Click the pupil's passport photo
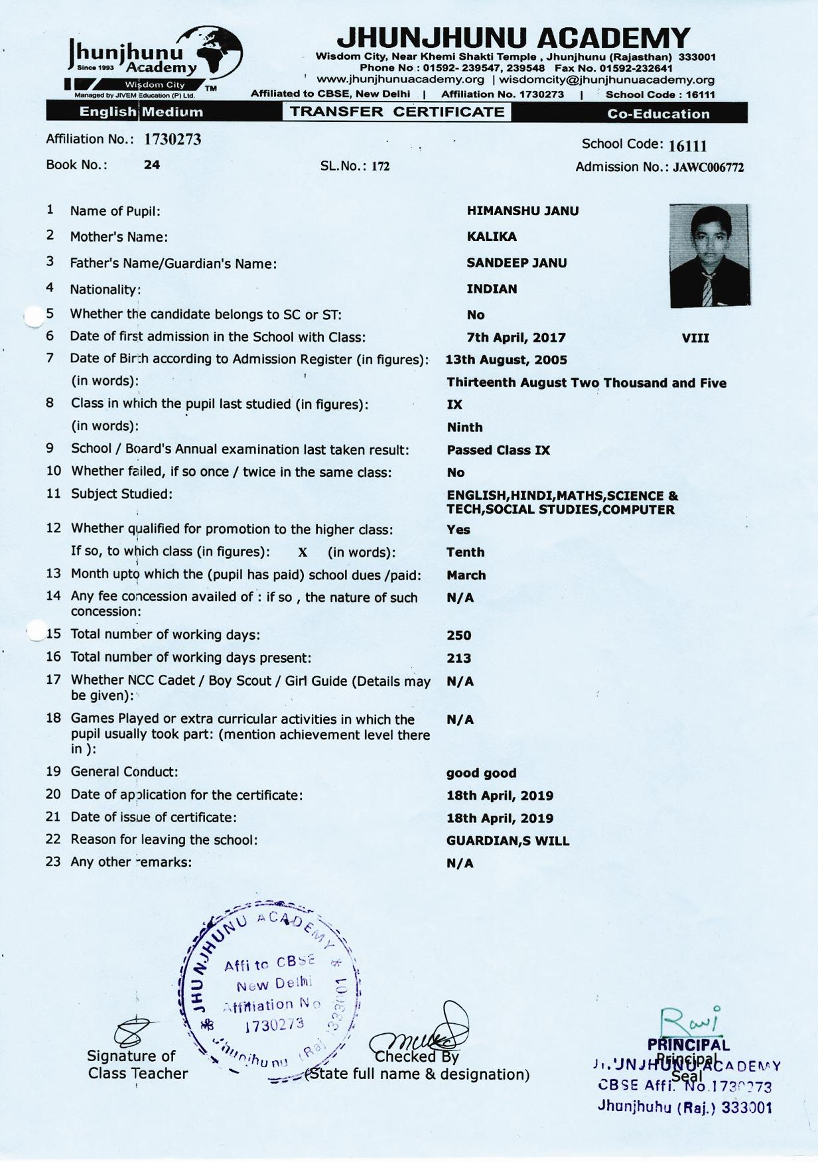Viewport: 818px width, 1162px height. point(709,255)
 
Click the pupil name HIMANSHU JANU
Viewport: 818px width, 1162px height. point(522,211)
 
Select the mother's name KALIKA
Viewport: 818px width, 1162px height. point(491,237)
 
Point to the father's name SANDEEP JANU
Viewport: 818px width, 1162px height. point(516,263)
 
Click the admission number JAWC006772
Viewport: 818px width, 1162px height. point(708,168)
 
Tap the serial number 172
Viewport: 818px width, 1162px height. point(380,167)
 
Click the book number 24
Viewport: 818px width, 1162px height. point(152,165)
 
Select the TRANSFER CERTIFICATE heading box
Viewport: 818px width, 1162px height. point(397,111)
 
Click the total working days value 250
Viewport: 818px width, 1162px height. point(458,635)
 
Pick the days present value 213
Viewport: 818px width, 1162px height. point(458,658)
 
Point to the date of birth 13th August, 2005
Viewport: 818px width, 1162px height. point(506,360)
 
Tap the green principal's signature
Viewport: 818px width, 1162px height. point(688,1020)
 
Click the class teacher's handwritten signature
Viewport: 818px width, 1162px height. point(133,1033)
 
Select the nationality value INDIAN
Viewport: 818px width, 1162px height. point(492,289)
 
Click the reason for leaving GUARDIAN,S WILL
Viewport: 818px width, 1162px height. point(508,841)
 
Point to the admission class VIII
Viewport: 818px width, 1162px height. point(695,338)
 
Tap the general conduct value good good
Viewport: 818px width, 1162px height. point(481,773)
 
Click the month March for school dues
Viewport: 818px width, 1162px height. point(466,575)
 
